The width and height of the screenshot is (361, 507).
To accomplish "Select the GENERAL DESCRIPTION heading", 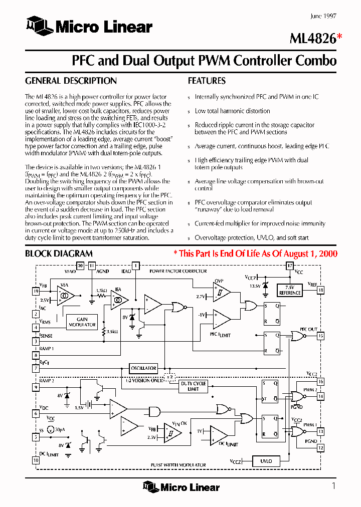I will click(x=71, y=81).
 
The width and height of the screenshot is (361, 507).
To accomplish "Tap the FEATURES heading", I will click(x=207, y=81).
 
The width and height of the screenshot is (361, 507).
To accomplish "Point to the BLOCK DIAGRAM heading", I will click(x=59, y=253).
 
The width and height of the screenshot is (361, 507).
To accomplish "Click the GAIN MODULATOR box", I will click(x=82, y=322).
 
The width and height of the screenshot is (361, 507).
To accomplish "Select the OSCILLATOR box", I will click(x=143, y=368).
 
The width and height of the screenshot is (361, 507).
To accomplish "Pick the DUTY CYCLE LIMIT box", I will click(x=193, y=386).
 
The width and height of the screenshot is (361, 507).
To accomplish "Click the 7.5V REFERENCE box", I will click(x=290, y=290).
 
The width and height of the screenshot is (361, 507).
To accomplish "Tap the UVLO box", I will click(x=266, y=461).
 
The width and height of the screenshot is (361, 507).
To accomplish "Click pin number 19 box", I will click(x=36, y=291).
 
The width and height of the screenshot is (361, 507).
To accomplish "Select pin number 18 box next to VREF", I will click(x=320, y=290).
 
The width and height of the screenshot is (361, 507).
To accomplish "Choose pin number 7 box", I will click(x=36, y=368).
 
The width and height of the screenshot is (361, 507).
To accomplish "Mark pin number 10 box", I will click(x=36, y=460).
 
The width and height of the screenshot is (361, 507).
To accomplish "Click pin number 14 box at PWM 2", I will click(x=320, y=396).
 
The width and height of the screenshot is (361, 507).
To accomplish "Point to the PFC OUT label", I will click(x=308, y=329).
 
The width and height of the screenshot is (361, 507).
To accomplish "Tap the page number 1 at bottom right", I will click(x=333, y=485).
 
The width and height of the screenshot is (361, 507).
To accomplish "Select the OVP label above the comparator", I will click(x=219, y=281).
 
